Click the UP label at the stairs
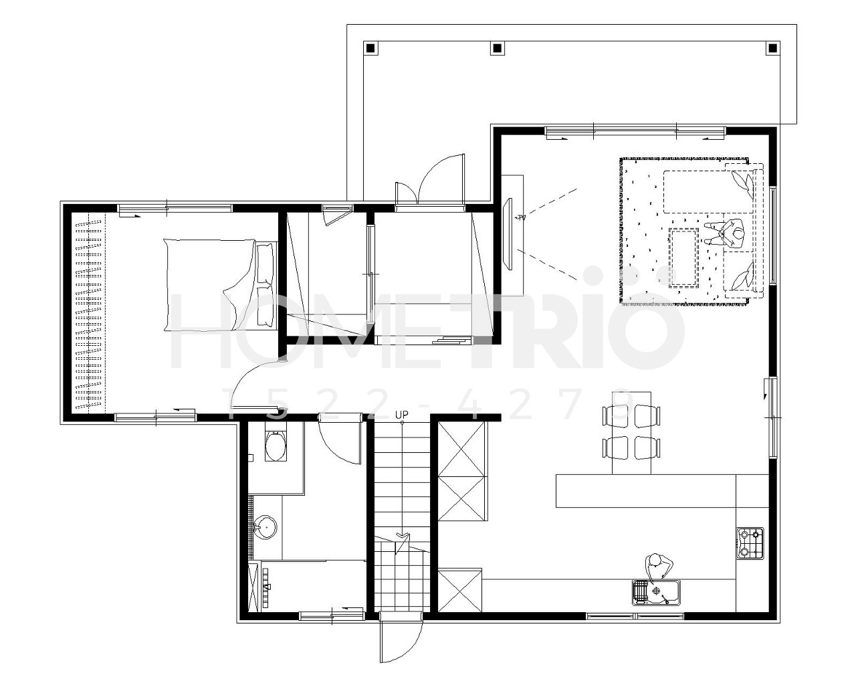pos(402,415)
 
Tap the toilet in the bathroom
pos(276,446)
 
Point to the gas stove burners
pos(750,543)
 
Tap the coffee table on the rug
pos(684,258)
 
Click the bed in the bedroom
pos(220,284)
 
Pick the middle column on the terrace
pos(496,49)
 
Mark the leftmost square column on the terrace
pos(370,49)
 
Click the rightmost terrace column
pos(772,49)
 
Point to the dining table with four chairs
pos(631,433)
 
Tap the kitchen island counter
pos(645,490)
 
